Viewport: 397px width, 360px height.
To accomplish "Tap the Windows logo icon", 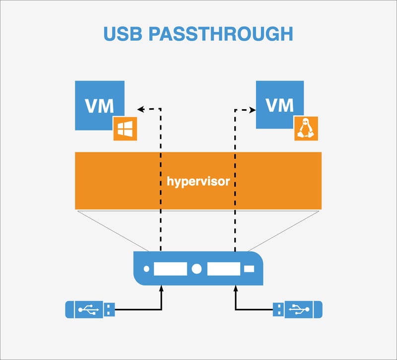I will (124, 129).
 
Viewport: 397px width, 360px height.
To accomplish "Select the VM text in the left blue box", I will (99, 106).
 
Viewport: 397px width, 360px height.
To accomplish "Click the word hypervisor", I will (198, 181).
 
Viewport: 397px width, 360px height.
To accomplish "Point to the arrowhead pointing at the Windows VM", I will (140, 109).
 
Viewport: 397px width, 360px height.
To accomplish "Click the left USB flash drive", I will (90, 309).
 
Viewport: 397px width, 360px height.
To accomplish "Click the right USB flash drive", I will (298, 309).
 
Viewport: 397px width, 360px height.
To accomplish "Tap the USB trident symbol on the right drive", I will (300, 309).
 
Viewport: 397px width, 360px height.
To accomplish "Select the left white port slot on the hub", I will (171, 269).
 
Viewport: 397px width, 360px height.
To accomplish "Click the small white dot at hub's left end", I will (146, 269).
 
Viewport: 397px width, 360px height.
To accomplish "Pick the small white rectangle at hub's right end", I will (249, 269).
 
